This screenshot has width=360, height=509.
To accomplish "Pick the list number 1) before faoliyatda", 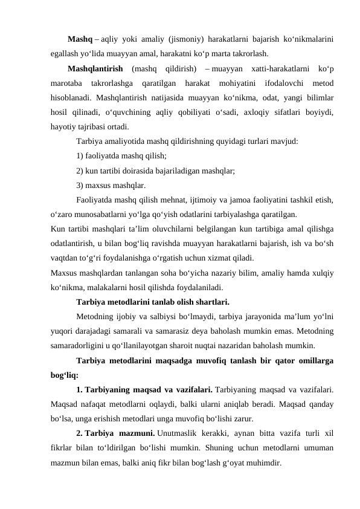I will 80,156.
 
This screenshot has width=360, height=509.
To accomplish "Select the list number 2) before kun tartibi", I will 80,170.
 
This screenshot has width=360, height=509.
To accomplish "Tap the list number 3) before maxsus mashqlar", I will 80,185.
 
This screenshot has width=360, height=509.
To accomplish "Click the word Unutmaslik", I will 188,433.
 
